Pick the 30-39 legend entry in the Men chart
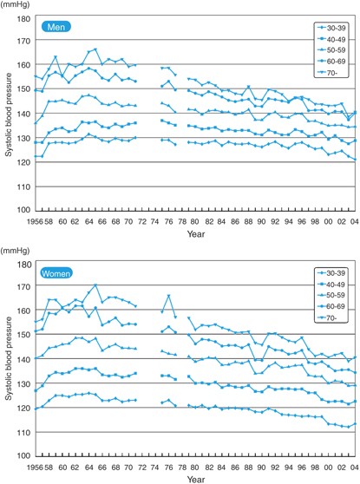[x=330, y=29]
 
